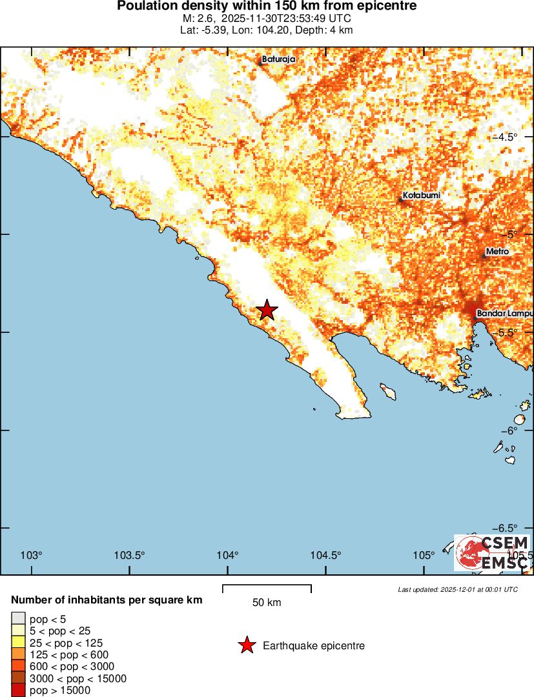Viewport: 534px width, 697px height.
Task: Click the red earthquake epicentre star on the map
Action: (267, 310)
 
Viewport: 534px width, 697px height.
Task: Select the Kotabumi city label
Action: (422, 195)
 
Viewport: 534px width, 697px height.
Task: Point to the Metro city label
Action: (497, 251)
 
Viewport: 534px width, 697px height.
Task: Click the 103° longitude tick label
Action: (31, 555)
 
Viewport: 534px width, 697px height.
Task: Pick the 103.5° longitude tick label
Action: (129, 555)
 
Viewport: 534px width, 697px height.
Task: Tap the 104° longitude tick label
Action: (227, 555)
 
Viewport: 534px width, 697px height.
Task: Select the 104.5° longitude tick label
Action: (325, 555)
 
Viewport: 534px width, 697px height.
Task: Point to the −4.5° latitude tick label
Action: (513, 137)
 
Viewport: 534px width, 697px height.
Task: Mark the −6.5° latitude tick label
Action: (513, 528)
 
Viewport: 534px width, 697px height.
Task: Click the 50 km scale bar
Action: (267, 589)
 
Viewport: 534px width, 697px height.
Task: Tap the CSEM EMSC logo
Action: (492, 553)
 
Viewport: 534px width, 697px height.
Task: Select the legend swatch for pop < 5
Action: (18, 619)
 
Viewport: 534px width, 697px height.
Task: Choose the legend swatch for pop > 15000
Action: (18, 690)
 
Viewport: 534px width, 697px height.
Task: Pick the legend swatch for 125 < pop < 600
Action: (18, 654)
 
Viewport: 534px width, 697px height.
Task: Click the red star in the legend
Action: (246, 645)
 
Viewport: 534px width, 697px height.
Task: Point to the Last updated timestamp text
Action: (458, 589)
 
